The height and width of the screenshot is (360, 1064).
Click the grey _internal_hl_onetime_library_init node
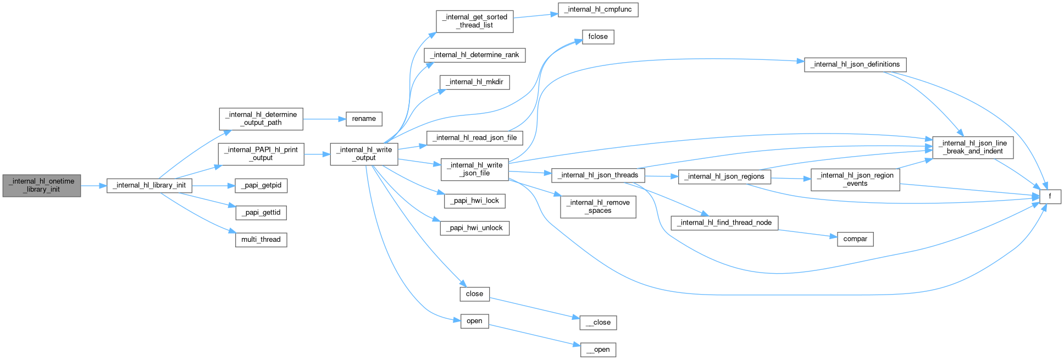(42, 185)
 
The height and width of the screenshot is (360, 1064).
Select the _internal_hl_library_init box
(149, 185)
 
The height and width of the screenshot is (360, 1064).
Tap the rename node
(364, 119)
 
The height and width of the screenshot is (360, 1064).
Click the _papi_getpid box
(261, 185)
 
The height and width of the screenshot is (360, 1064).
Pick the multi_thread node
(261, 240)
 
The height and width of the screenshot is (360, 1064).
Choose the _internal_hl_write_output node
(364, 153)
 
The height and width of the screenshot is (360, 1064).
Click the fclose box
(598, 37)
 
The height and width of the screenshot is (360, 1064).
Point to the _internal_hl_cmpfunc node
(598, 10)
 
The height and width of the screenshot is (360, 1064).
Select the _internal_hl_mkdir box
(475, 82)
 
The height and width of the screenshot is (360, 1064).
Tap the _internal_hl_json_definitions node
(855, 64)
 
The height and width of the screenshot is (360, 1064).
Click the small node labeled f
(1050, 196)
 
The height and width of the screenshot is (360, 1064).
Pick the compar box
(855, 239)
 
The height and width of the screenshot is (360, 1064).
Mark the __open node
(598, 350)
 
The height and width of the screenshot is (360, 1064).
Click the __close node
(598, 323)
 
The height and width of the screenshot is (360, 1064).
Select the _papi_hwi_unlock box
(475, 228)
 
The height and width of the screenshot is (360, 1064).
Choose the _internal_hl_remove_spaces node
(598, 207)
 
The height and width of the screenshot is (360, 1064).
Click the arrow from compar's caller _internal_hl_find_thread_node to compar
(807, 233)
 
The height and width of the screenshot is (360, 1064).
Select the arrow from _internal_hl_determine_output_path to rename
(324, 119)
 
